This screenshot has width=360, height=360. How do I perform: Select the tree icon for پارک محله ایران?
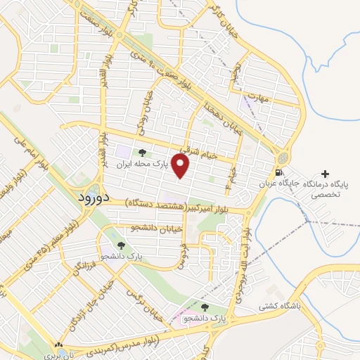tap(143, 153)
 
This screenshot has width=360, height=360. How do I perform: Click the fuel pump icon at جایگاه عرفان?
tap(281, 172)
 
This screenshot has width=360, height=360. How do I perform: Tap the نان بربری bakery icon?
tap(59, 345)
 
